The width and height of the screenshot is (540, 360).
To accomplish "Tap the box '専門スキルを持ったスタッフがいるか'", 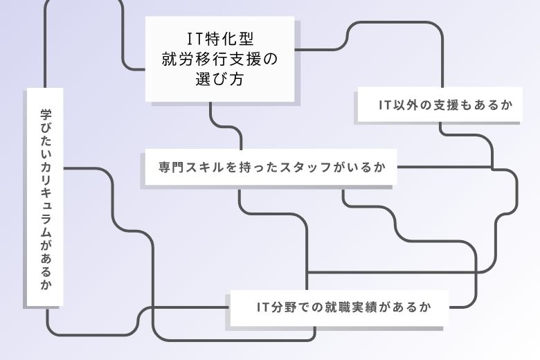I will click(x=270, y=168).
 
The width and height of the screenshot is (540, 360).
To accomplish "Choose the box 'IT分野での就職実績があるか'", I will click(x=339, y=307).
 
